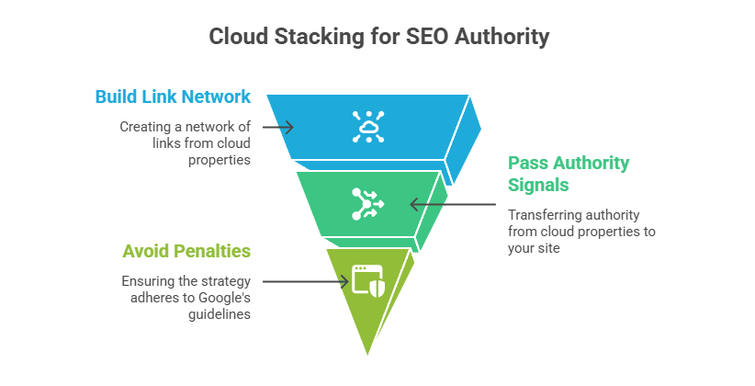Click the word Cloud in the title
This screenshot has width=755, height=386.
click(x=238, y=37)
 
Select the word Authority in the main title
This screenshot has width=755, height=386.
click(x=502, y=38)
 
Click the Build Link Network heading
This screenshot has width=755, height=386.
click(x=173, y=96)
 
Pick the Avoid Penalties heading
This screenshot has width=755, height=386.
click(x=186, y=251)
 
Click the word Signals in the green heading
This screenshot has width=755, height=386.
click(x=538, y=185)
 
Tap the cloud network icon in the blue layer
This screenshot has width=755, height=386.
click(x=368, y=127)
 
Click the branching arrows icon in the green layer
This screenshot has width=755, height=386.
click(x=368, y=204)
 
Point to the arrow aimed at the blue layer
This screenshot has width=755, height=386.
click(x=277, y=127)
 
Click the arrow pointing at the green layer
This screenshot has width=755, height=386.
click(x=453, y=204)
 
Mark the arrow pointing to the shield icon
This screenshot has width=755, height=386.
click(x=306, y=281)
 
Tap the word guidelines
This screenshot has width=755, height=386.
click(x=220, y=314)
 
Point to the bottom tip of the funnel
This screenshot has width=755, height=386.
click(x=368, y=355)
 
